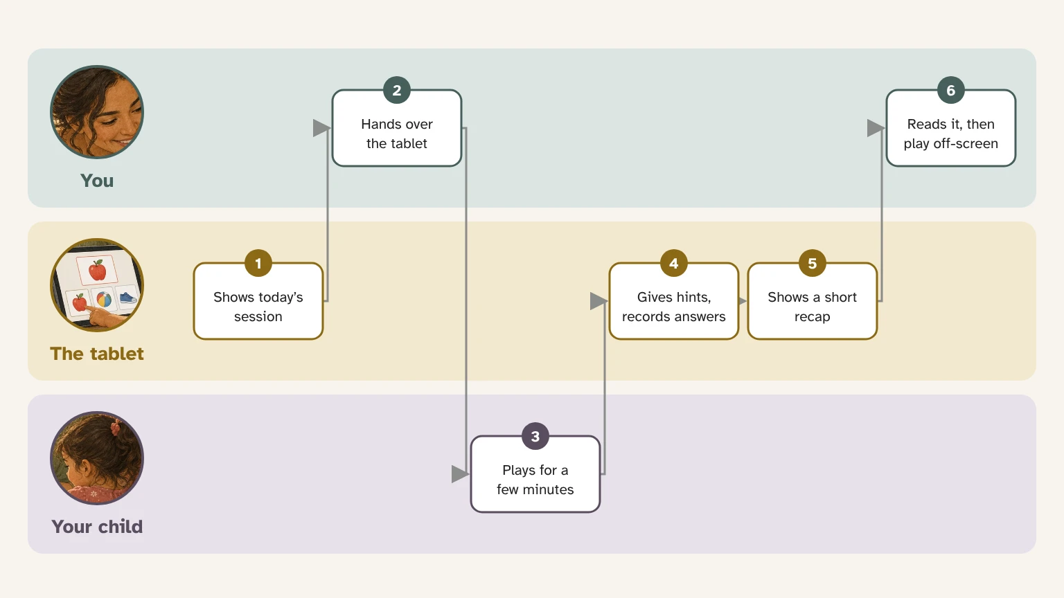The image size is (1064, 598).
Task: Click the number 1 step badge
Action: click(258, 263)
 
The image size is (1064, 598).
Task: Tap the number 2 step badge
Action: click(397, 90)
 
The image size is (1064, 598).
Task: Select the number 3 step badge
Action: click(535, 436)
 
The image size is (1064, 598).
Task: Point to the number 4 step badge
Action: click(673, 263)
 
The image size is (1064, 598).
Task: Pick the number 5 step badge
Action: click(813, 263)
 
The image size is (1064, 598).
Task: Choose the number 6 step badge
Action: click(950, 90)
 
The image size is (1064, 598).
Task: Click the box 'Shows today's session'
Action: click(258, 301)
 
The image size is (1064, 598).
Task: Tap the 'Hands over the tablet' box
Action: click(397, 128)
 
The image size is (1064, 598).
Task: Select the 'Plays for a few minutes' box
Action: click(535, 474)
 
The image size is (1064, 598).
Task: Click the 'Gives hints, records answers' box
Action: click(673, 301)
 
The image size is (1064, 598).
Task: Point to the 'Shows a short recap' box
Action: click(813, 301)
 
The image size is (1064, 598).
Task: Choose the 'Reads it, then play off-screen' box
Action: click(950, 128)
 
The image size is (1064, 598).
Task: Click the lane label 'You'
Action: click(97, 181)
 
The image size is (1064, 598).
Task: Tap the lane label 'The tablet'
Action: click(97, 354)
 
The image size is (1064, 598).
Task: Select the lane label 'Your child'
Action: click(97, 527)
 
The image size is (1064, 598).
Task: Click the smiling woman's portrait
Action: click(97, 112)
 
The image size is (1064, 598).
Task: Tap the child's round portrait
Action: click(97, 458)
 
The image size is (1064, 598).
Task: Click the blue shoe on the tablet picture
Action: click(127, 298)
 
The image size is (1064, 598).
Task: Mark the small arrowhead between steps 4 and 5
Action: click(743, 301)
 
